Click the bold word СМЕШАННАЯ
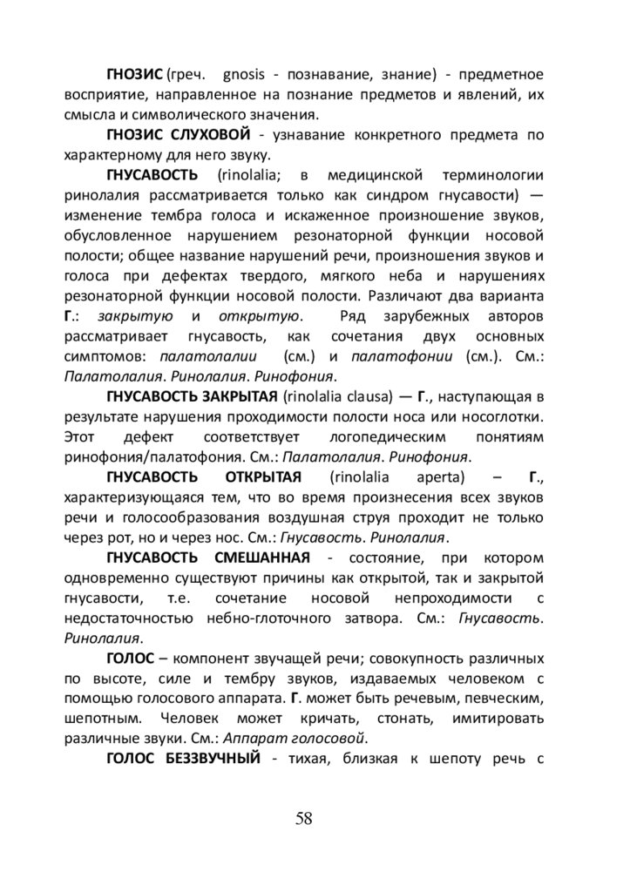254,557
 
